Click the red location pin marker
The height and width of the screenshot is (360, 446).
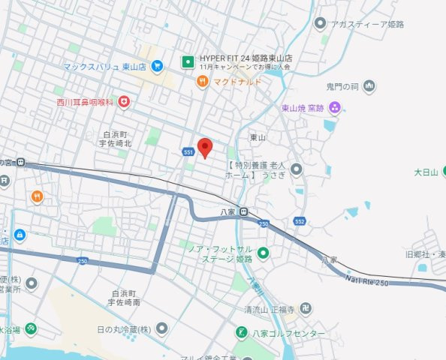point(204,147)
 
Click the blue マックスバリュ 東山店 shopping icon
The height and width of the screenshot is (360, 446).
point(156,67)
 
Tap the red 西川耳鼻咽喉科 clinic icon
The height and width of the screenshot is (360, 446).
point(124,101)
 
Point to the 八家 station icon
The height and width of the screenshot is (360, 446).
point(244,212)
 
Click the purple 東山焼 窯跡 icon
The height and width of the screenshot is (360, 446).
point(335,108)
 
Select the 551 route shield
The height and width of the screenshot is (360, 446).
point(188,152)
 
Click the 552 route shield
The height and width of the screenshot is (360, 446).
point(300,222)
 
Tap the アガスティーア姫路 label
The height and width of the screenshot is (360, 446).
point(367,24)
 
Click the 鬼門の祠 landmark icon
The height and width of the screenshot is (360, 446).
point(369,88)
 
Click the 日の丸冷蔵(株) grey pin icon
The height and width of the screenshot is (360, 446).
point(161,329)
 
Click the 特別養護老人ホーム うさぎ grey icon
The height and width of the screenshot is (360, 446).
point(297,169)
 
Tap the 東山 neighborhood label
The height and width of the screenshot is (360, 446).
point(258,138)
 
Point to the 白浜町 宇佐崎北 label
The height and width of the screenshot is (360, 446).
point(117,138)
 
